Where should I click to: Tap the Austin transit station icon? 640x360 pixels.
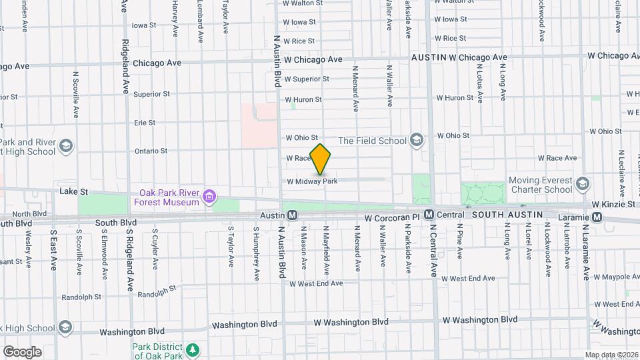(x=292, y=215)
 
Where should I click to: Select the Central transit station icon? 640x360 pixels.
(x=429, y=215)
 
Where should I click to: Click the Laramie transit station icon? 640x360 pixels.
(x=597, y=217)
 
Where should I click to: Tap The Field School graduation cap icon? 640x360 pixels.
(x=417, y=140)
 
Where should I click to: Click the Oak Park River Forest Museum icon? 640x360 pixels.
(x=209, y=196)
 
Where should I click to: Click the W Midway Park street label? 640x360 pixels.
(x=312, y=181)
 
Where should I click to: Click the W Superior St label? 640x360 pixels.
(x=307, y=79)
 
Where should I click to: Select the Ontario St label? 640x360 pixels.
(x=150, y=151)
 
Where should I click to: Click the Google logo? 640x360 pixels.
(x=22, y=351)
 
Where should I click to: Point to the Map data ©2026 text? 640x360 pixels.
(x=611, y=355)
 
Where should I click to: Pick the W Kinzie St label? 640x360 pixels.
(x=613, y=203)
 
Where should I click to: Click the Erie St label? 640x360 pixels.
(x=145, y=123)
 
